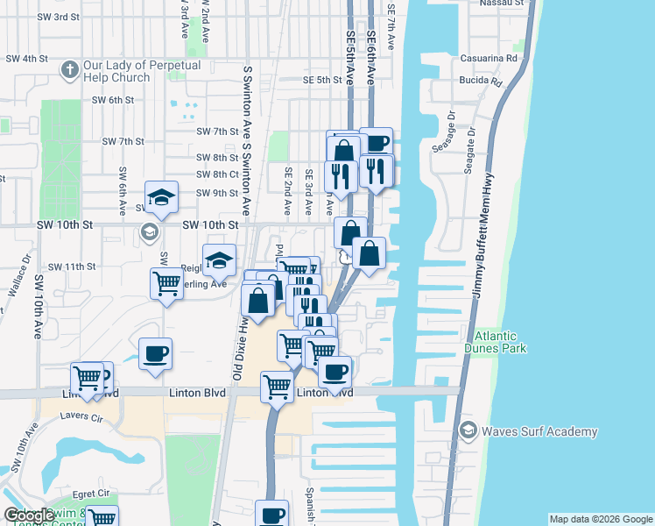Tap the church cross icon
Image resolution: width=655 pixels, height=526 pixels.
coord(70,68)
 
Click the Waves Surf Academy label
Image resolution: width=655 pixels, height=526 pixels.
coord(541,431)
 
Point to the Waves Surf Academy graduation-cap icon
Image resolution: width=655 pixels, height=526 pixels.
coord(468,430)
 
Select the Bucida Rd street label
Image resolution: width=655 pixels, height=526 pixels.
coord(480,82)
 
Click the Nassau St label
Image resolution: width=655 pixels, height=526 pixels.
coord(502,3)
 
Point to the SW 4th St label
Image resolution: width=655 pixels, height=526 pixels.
coord(25,59)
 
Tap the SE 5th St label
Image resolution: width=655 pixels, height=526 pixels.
coord(321,80)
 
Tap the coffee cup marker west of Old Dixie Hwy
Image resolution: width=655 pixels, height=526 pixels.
coord(155,354)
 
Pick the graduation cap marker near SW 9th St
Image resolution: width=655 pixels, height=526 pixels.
coord(161,197)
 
